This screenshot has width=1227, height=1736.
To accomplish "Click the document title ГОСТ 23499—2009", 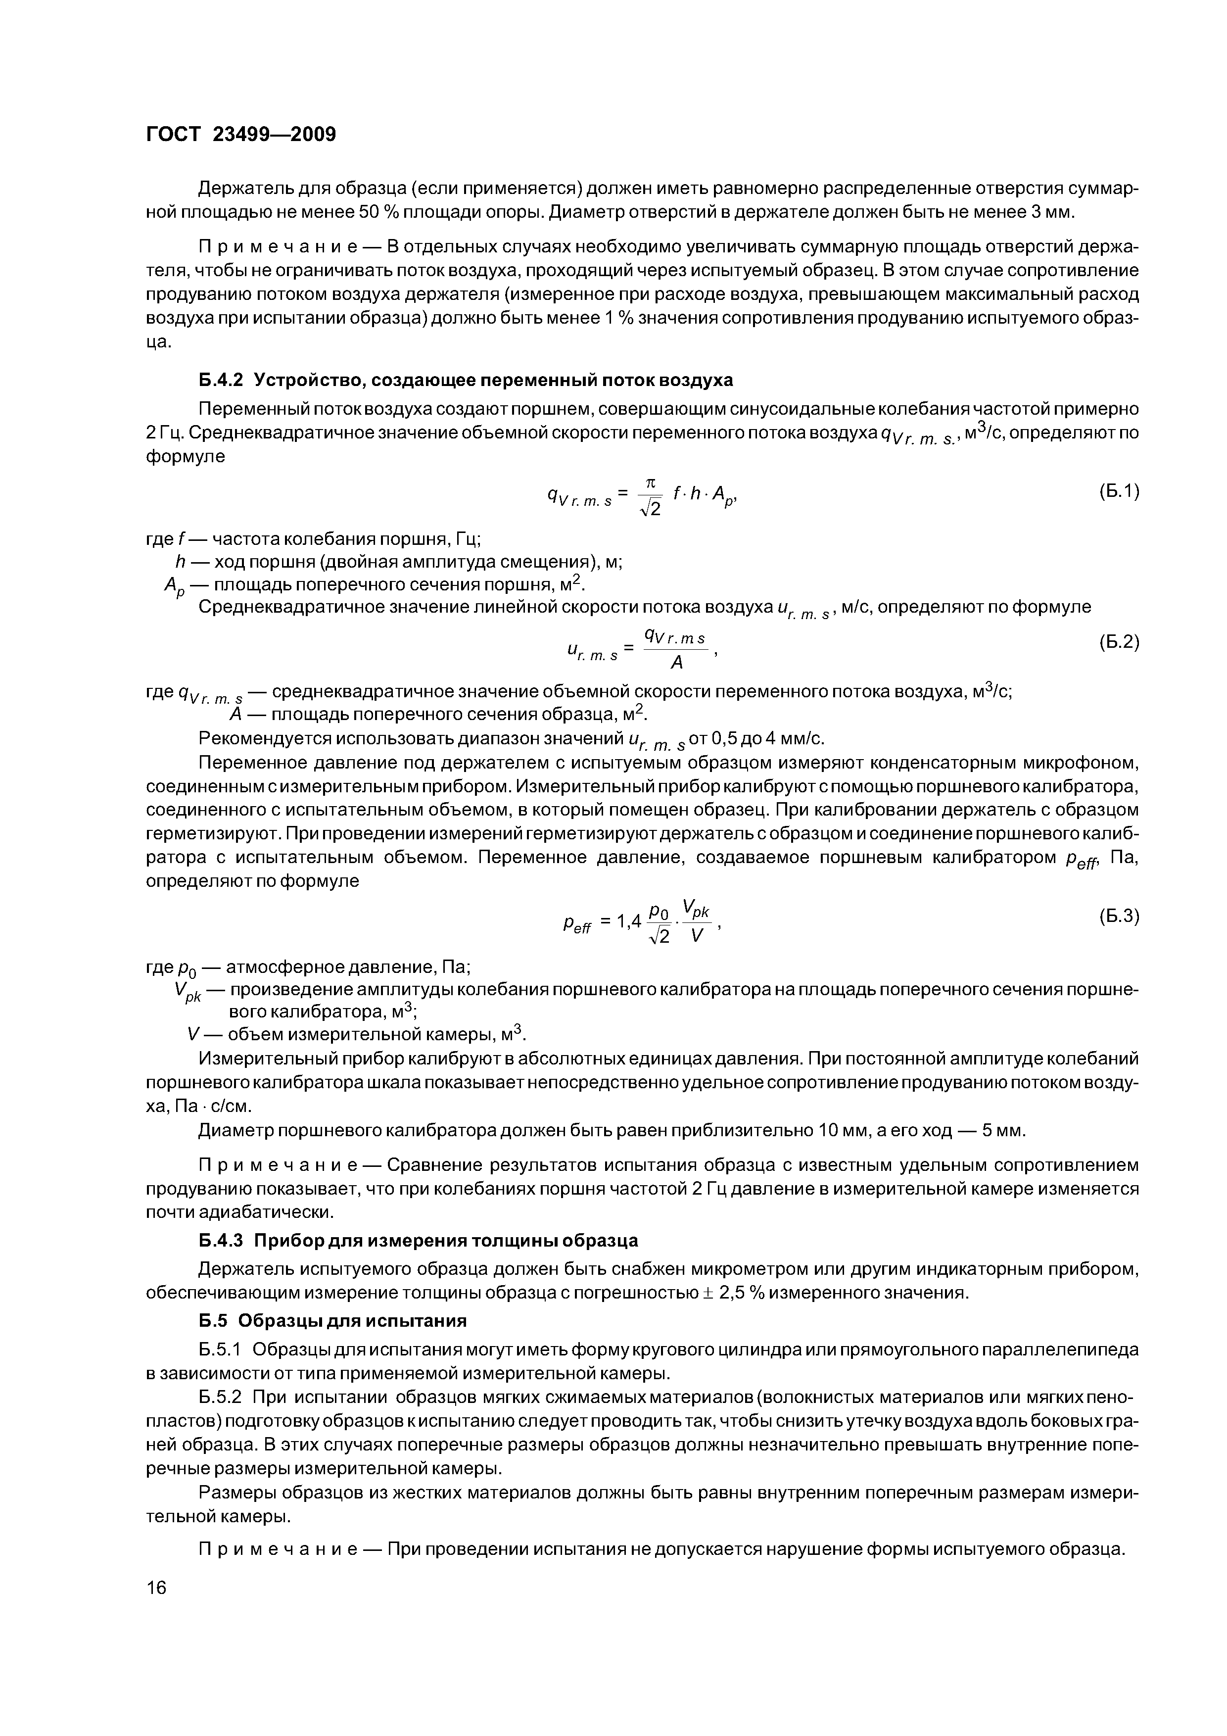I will coord(240,135).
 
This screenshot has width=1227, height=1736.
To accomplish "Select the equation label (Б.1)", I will coord(1118,491).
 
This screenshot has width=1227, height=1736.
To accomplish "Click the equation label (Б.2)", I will coord(1118,642).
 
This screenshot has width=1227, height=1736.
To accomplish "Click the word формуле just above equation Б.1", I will coord(185,457).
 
